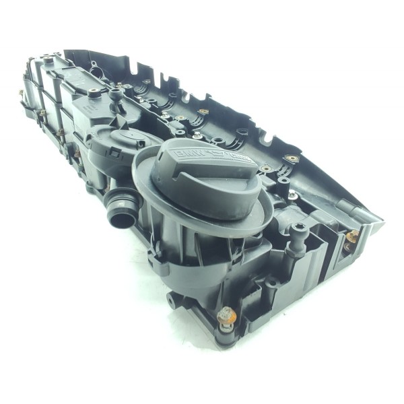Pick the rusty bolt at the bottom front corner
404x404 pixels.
(227, 316)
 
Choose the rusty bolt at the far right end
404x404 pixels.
(352, 236)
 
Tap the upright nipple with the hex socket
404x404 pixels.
(298, 236)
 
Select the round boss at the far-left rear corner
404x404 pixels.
(49, 60)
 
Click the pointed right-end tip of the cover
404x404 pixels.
(382, 222)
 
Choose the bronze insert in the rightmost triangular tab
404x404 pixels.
(292, 159)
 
